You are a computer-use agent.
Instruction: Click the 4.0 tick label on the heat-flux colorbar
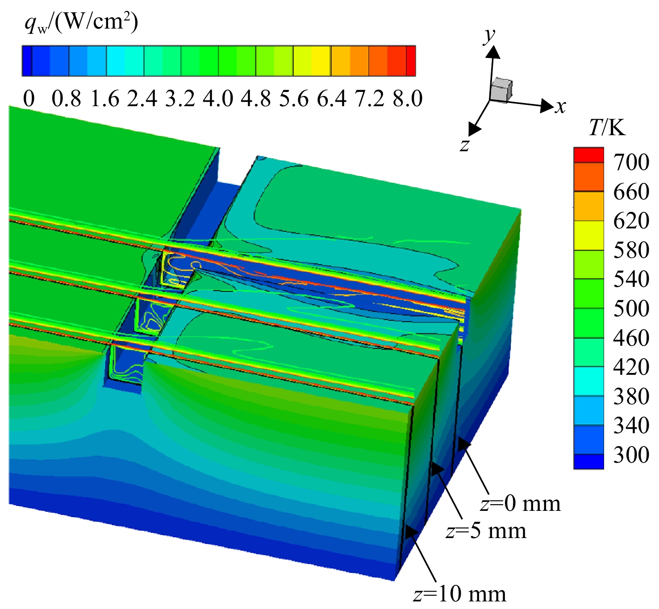pyautogui.click(x=218, y=98)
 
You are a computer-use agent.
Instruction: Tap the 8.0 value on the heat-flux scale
pyautogui.click(x=408, y=98)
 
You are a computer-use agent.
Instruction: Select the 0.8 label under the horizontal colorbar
pyautogui.click(x=67, y=98)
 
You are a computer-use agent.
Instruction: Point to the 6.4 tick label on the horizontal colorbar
pyautogui.click(x=331, y=98)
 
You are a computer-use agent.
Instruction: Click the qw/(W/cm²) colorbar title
pyautogui.click(x=81, y=23)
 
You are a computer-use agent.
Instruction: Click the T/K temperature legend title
pyautogui.click(x=607, y=127)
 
